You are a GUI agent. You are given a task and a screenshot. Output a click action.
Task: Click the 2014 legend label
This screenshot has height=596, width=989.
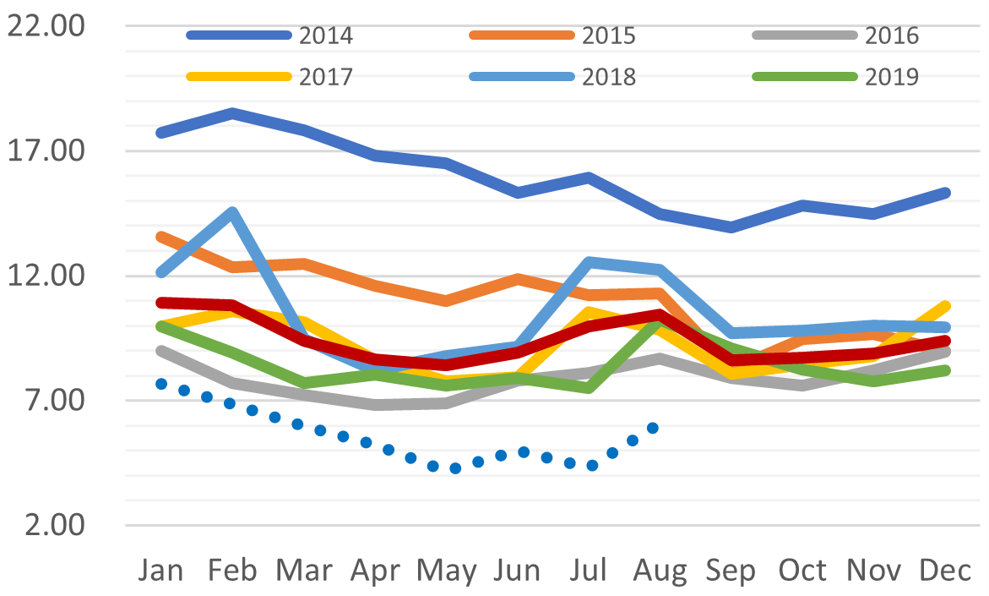tap(325, 36)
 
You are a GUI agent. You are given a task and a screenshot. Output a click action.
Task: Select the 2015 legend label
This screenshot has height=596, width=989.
tap(608, 36)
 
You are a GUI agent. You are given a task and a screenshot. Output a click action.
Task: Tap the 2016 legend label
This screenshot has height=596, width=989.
tap(892, 36)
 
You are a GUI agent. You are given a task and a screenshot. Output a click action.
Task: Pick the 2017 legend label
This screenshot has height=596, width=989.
tap(325, 76)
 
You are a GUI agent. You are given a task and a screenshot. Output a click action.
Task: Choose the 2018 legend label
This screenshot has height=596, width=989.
tap(608, 76)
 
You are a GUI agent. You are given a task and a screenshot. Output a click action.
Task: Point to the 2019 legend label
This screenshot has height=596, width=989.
tap(892, 76)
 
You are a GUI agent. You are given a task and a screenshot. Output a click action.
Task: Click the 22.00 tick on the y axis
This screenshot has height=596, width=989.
tap(46, 26)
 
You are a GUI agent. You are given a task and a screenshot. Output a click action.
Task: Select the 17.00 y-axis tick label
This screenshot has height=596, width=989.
tap(46, 151)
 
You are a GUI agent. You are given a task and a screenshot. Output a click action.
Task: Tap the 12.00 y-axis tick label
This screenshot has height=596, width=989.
tap(46, 276)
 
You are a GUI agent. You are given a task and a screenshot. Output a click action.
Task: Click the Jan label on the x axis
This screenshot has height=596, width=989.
tap(160, 571)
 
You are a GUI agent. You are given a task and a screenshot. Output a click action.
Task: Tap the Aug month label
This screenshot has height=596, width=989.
tap(660, 572)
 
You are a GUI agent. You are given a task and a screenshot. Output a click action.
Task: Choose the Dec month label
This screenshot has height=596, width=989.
tap(945, 571)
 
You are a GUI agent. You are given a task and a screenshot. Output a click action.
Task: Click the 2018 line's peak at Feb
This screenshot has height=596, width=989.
tap(232, 212)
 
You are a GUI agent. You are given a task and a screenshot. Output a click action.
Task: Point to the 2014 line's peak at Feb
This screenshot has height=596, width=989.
tap(232, 112)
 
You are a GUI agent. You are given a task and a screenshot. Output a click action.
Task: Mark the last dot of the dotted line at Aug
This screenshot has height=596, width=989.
tap(652, 428)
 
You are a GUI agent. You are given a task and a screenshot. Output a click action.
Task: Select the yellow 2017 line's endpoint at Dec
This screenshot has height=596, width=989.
tap(945, 306)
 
